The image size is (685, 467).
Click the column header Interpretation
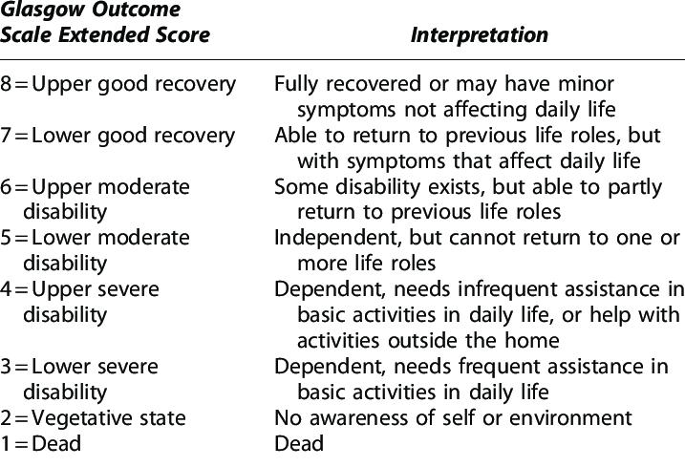[480, 36]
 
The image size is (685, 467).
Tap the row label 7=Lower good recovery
[118, 136]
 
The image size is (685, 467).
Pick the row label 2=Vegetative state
[94, 418]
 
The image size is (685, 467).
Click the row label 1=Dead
[41, 443]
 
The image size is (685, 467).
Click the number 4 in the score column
[7, 289]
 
